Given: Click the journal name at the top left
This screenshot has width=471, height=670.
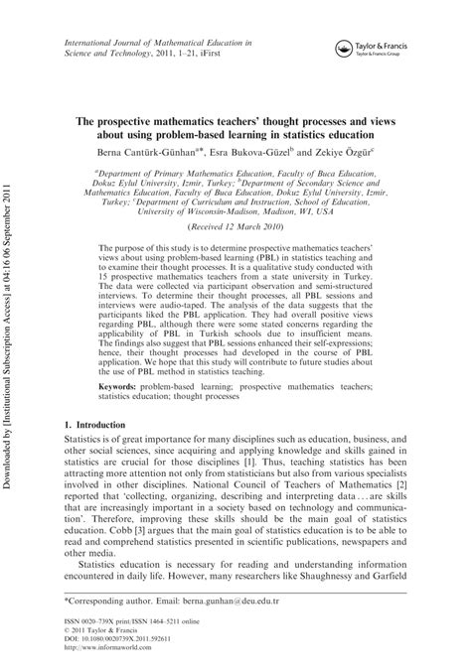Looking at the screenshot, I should pos(158,46).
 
